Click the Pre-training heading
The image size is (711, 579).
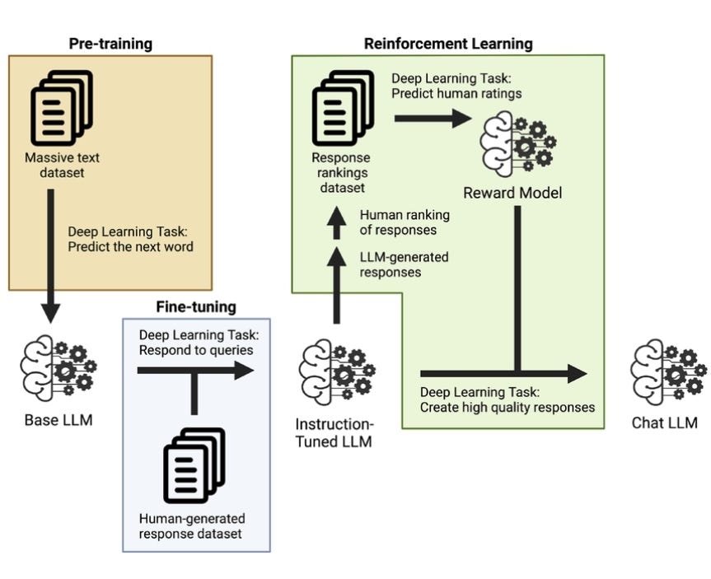(110, 44)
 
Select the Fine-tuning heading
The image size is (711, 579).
(196, 307)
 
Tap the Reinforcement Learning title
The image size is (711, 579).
(448, 44)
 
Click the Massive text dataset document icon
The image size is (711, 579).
(62, 107)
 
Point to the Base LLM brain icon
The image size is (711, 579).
(58, 368)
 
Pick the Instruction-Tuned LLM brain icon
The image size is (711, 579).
(337, 371)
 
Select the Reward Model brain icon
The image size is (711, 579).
(518, 144)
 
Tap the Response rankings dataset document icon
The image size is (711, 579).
(344, 107)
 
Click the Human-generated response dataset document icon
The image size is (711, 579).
(194, 465)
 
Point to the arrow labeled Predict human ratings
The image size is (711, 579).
(433, 119)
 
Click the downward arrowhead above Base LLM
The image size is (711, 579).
(51, 313)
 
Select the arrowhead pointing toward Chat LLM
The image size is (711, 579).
(578, 374)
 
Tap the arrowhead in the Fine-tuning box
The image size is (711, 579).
(244, 371)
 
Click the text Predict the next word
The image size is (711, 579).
(131, 246)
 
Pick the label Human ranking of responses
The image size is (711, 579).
(405, 222)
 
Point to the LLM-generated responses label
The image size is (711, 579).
(404, 264)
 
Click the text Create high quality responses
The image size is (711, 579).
(508, 407)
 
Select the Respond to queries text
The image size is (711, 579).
(196, 350)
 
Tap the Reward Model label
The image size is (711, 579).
(512, 193)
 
